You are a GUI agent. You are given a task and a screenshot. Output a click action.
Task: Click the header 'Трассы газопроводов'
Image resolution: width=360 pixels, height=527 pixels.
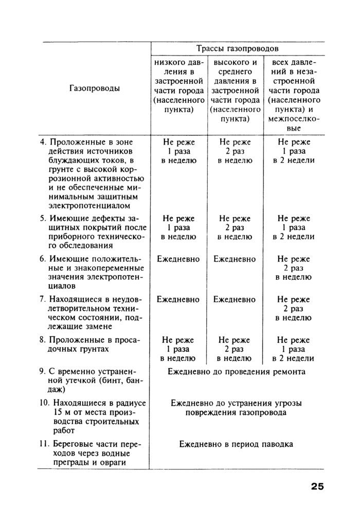pos(237,48)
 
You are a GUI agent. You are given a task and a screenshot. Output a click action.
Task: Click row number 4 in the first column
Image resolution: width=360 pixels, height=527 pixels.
pos(43,142)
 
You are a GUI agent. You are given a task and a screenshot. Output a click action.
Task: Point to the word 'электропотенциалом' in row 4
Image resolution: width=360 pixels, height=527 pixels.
pos(83,206)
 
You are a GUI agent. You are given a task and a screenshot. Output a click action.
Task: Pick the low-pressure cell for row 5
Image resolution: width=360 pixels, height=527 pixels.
pos(178,227)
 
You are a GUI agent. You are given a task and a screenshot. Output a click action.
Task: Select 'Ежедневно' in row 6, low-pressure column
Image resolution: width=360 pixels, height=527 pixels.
pos(178,259)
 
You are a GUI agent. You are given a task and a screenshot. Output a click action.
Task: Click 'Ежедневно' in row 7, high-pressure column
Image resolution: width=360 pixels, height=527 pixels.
pos(235,299)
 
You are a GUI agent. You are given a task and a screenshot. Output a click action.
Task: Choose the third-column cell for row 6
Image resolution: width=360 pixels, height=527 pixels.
pos(293,268)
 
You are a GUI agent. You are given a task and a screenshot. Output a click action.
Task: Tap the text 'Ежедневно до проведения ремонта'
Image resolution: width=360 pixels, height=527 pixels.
pos(237,371)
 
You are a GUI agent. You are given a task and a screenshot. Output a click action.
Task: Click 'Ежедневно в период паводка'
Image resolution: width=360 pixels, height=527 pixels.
pos(236,444)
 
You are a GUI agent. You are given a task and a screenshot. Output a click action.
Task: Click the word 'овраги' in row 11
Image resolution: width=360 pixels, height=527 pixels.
pos(112,462)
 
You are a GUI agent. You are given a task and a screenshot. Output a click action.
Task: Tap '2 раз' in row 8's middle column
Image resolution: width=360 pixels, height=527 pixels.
pos(235,349)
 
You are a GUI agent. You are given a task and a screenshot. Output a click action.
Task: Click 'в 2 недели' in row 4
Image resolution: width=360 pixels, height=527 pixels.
pos(293,160)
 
